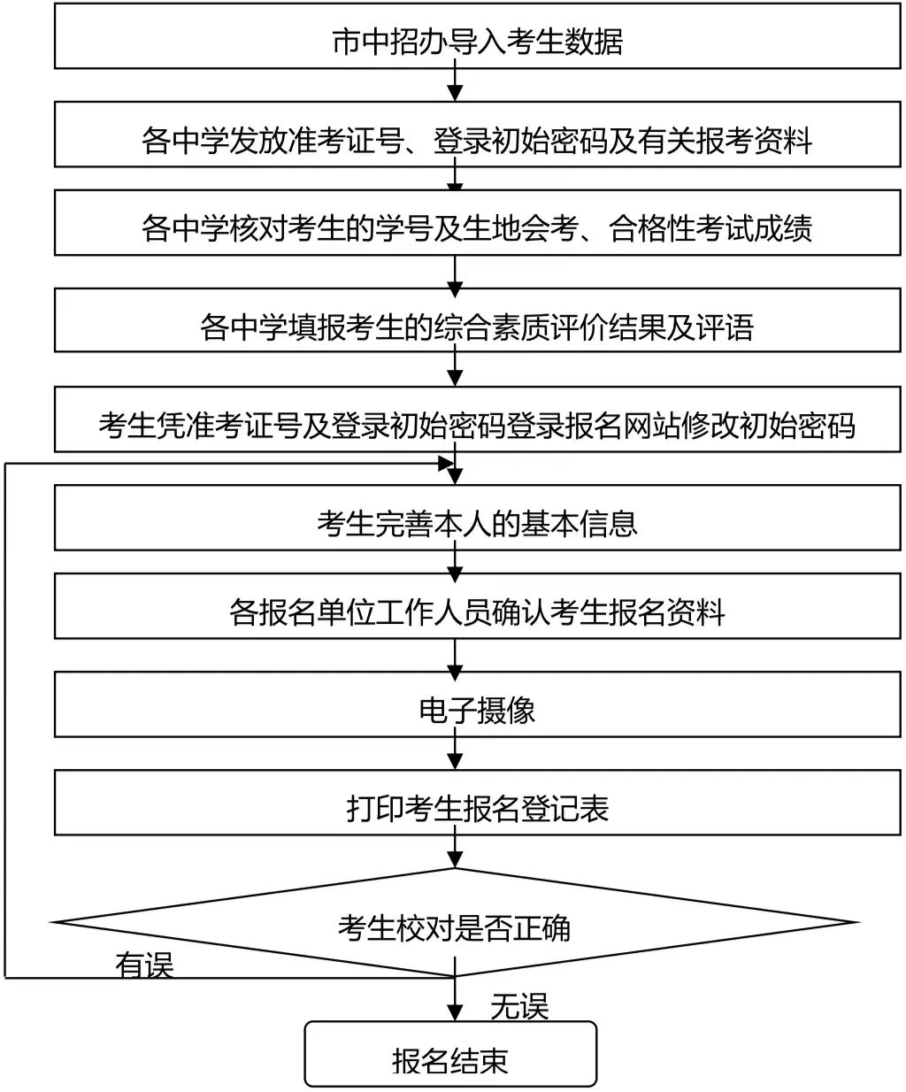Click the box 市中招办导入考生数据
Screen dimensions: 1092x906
coord(478,41)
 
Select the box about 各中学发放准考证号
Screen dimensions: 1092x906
coord(478,140)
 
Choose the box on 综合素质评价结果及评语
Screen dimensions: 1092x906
coord(478,327)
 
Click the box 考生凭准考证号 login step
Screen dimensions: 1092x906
coord(478,425)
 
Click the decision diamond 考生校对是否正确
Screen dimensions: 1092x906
coord(455,926)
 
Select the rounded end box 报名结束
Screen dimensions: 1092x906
coord(451,1060)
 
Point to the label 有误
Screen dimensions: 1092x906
coord(144,965)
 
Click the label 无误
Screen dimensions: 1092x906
coord(519,1006)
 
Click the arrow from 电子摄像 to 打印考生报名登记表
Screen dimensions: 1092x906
coord(455,753)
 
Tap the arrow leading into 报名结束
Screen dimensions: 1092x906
coord(455,1001)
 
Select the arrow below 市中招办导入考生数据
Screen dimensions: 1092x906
coord(455,85)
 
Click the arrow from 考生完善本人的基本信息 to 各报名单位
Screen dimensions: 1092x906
coord(455,562)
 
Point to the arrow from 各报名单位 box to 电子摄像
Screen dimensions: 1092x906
coord(455,655)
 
